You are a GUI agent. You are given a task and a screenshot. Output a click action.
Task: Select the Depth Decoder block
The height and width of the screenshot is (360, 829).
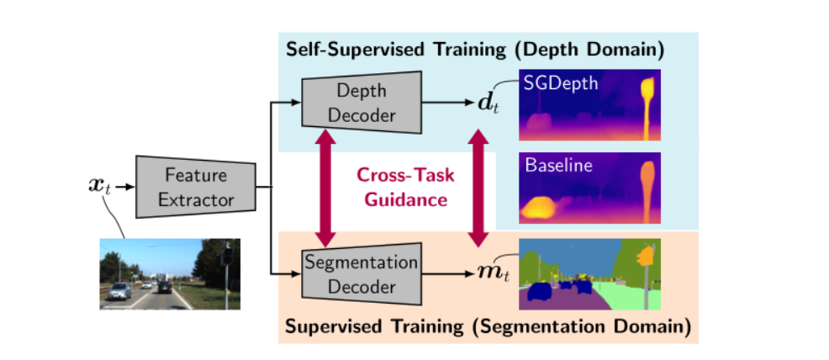pyautogui.click(x=360, y=102)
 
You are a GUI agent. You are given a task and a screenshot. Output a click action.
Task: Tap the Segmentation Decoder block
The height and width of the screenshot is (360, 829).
pyautogui.click(x=360, y=274)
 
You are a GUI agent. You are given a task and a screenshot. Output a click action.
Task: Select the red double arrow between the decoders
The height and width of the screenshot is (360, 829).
pyautogui.click(x=325, y=188)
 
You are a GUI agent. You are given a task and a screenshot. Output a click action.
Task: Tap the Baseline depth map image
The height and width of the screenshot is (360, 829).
pyautogui.click(x=590, y=188)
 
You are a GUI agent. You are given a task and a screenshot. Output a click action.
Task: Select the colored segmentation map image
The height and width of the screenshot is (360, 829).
pyautogui.click(x=590, y=274)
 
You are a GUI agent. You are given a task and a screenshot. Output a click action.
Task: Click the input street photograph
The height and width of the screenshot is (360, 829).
pyautogui.click(x=170, y=273)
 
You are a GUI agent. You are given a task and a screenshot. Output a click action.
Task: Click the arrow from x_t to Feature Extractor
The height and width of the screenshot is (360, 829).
pyautogui.click(x=124, y=187)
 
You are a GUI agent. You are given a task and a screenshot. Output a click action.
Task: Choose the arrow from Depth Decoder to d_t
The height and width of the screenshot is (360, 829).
pyautogui.click(x=450, y=103)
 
